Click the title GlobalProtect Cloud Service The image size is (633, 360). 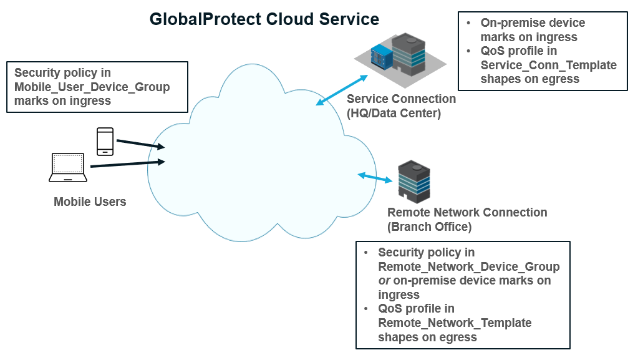(264, 19)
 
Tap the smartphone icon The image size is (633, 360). (105, 141)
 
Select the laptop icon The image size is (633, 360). (67, 167)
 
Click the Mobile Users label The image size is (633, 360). (90, 202)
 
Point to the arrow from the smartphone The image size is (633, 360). (140, 145)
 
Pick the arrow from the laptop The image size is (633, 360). (127, 164)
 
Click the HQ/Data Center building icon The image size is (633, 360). (408, 55)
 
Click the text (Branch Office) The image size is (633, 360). (429, 226)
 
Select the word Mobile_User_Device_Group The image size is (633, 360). (92, 87)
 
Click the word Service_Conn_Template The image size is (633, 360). (548, 65)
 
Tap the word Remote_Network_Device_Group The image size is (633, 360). (468, 266)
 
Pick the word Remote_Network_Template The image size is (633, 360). (455, 323)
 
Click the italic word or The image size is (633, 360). (384, 281)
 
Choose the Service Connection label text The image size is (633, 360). (401, 99)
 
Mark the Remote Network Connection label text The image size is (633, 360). (467, 212)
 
